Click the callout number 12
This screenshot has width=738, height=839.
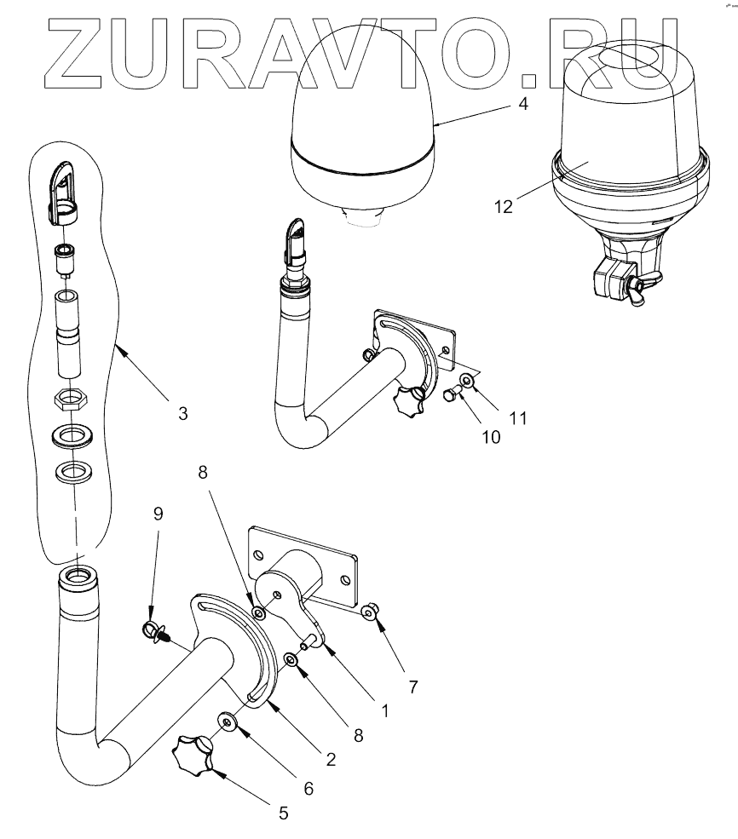[x=503, y=206]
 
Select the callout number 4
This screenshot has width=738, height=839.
[x=524, y=105]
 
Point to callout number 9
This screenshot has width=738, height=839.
[x=158, y=514]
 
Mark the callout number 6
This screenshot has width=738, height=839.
[x=308, y=789]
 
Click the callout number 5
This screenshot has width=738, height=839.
[x=283, y=813]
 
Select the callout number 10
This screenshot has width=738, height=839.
[x=490, y=436]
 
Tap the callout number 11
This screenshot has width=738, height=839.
[x=519, y=418]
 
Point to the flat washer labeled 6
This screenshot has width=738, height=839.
[x=228, y=721]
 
